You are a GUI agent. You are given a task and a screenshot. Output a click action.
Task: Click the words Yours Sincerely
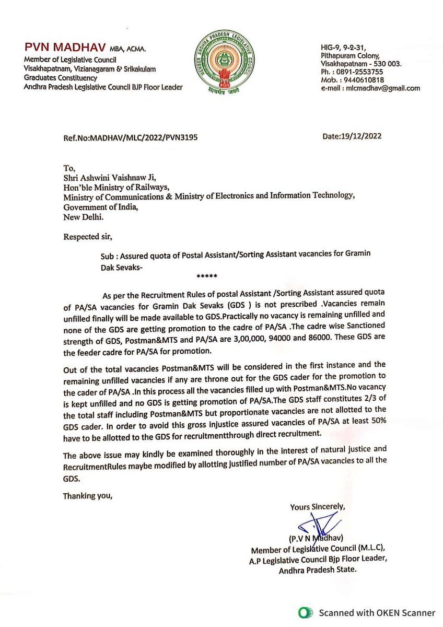[318, 506]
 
